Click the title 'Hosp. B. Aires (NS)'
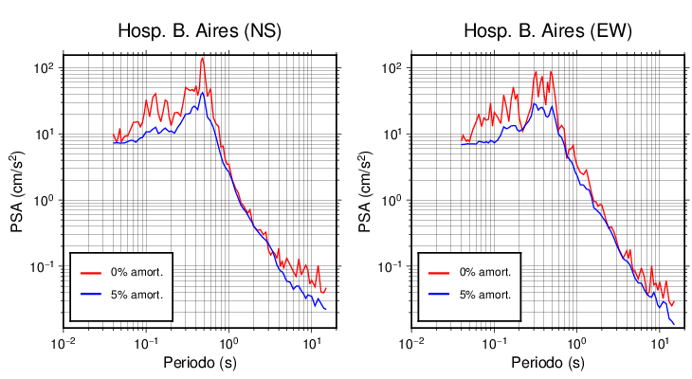click(x=199, y=30)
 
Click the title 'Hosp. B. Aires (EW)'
click(x=547, y=30)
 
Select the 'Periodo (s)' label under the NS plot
click(x=200, y=363)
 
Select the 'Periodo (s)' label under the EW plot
click(x=547, y=363)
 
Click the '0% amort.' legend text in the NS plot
click(x=137, y=272)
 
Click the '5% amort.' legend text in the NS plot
click(x=137, y=295)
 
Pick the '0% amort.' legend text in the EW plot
click(x=485, y=272)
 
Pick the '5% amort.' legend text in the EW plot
click(x=485, y=295)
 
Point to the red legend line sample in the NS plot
click(x=91, y=272)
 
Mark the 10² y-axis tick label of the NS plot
click(x=45, y=68)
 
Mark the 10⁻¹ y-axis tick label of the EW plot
click(x=391, y=266)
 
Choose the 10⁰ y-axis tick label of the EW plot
click(x=392, y=200)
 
